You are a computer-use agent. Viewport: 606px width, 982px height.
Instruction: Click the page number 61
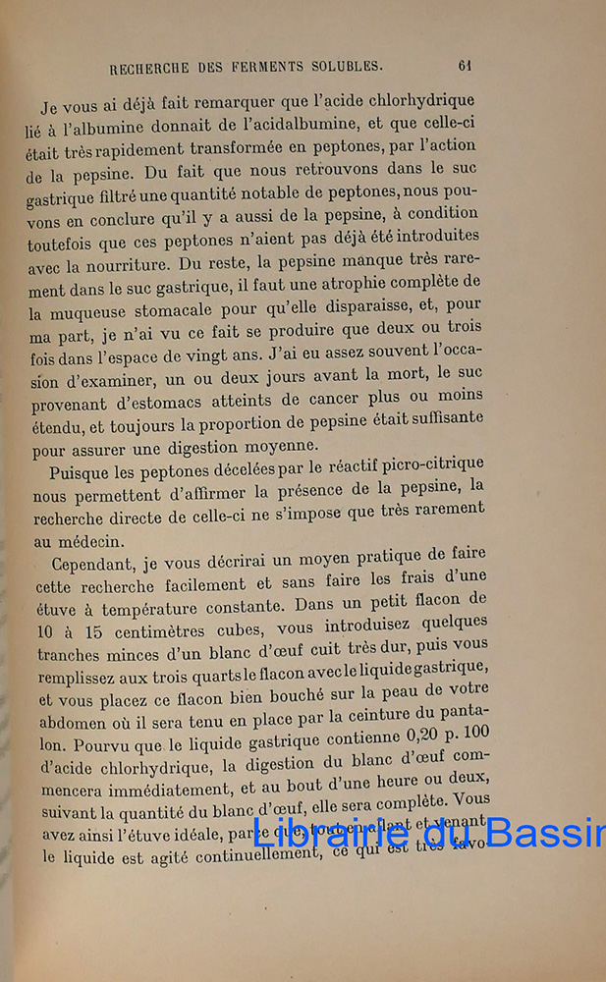click(x=465, y=66)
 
